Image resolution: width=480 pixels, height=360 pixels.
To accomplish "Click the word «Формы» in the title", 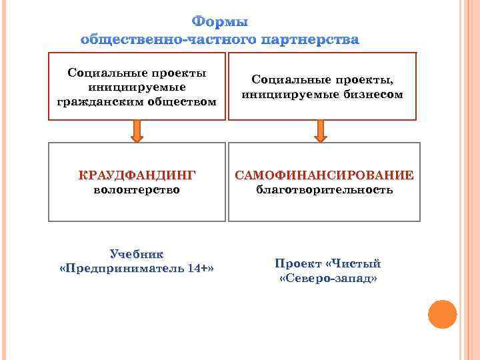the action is coord(219,23).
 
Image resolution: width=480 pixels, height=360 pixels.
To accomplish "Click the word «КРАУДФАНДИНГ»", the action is coord(137,175).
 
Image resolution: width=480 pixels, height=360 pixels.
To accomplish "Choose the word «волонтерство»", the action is coord(137,190).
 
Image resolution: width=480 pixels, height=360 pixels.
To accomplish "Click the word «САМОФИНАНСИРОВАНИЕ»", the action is coord(324,175).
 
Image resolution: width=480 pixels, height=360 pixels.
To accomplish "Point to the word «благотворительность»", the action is coord(325,190).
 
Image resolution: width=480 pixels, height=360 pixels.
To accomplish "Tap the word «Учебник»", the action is coord(137,254).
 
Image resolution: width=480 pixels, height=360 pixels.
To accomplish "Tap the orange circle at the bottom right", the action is coord(442,315).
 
